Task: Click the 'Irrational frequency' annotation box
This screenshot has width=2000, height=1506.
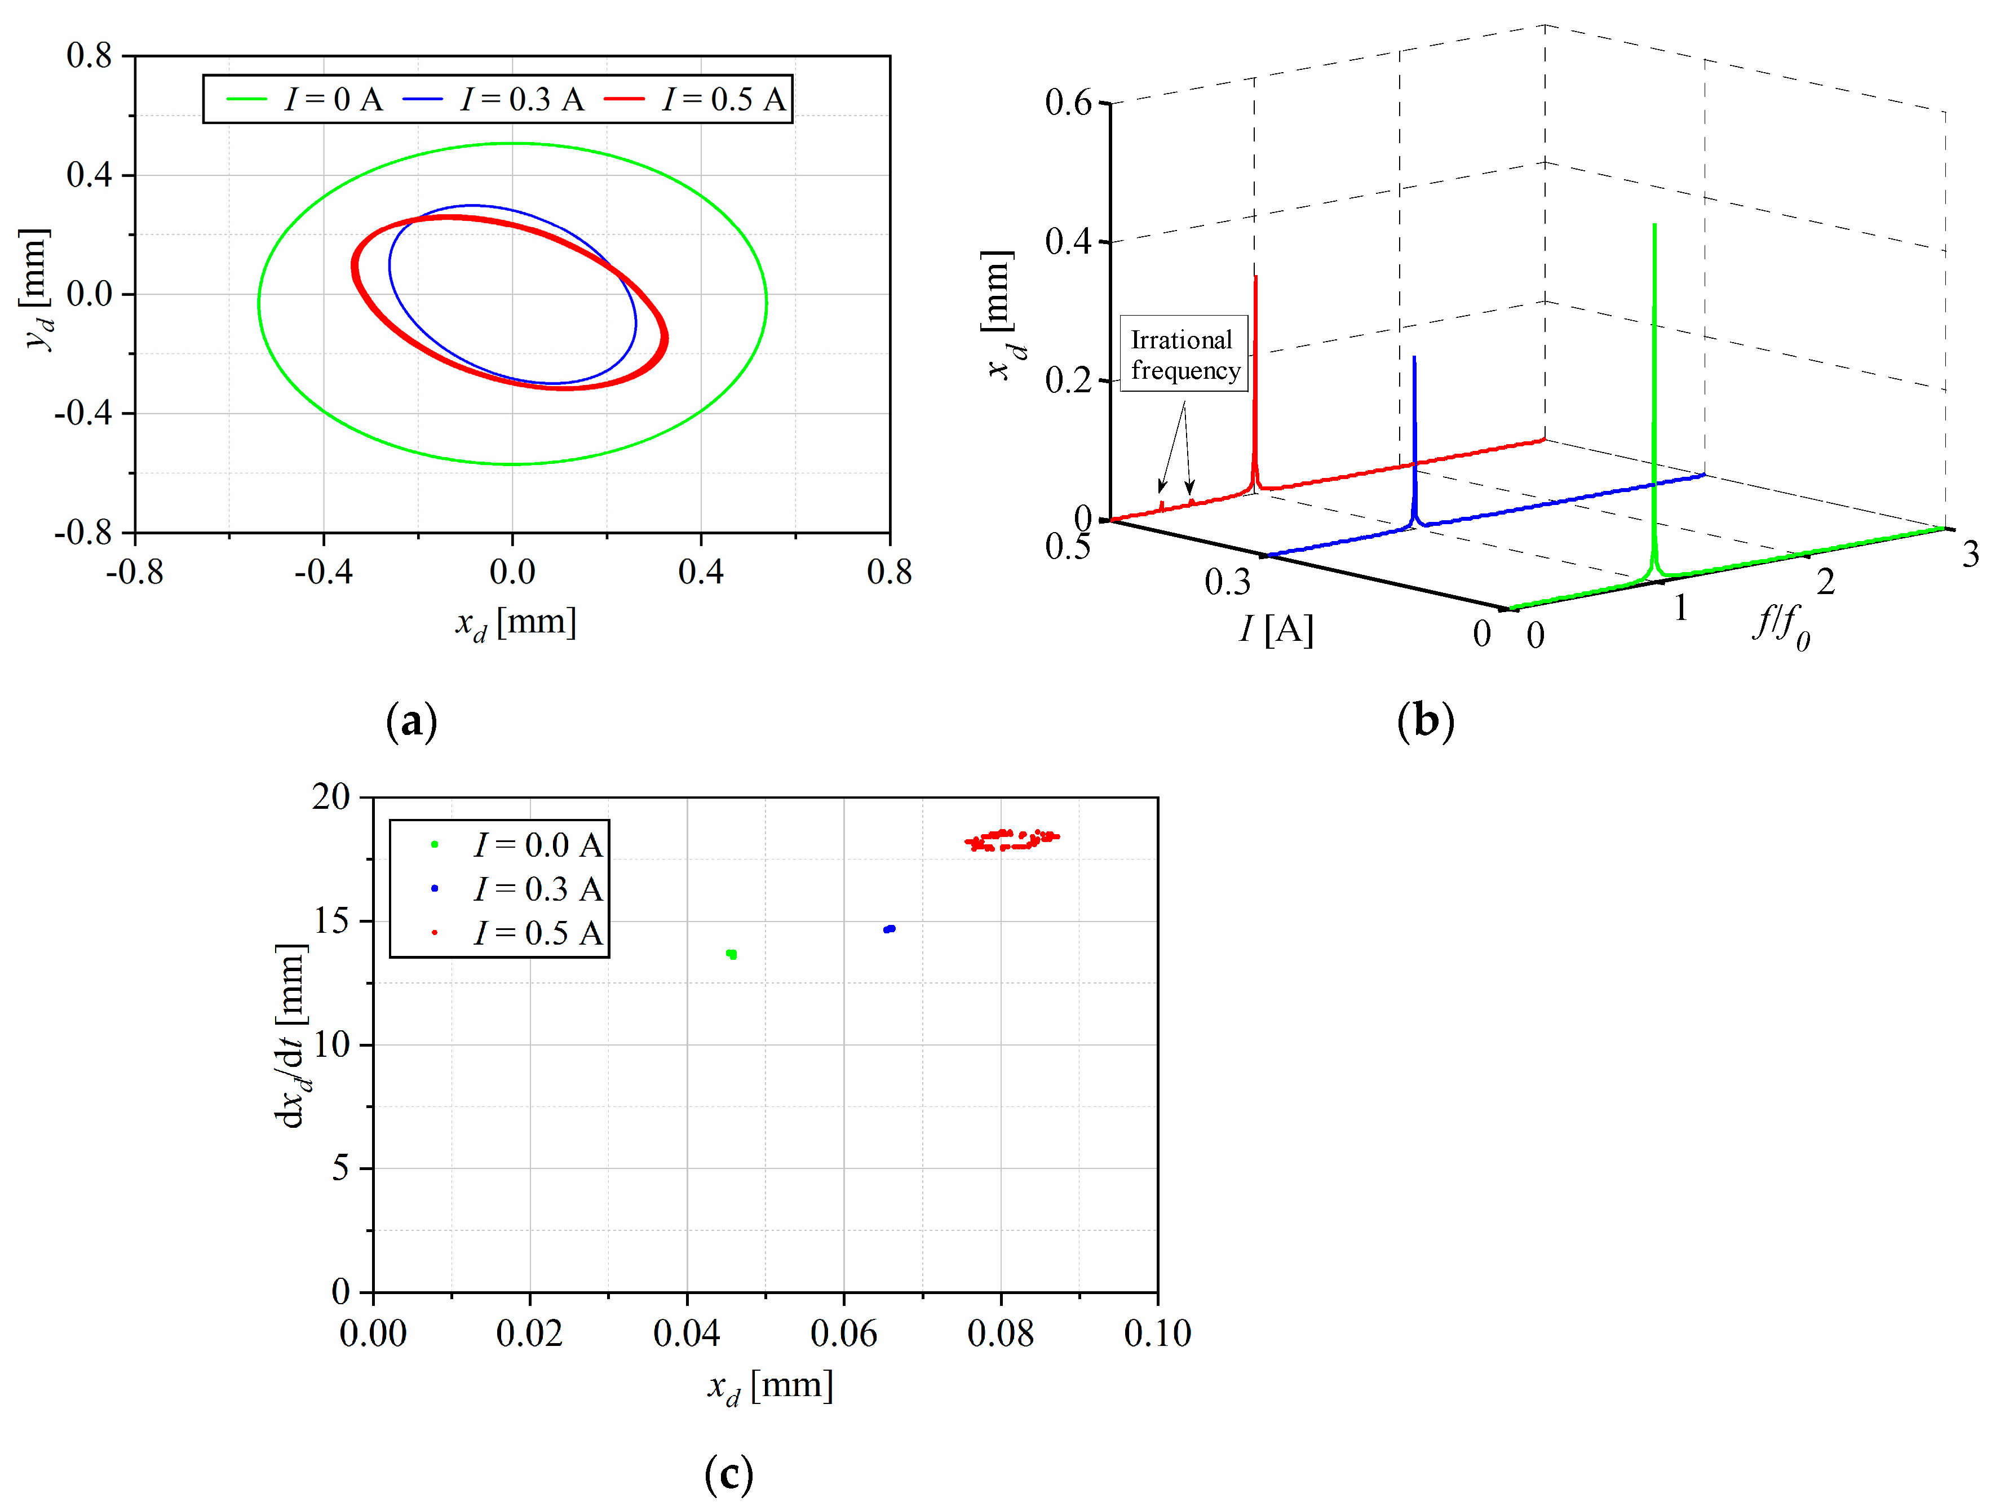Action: point(1184,353)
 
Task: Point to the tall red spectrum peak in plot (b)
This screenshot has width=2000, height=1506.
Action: point(1255,362)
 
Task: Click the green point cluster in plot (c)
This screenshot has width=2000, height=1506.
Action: point(732,954)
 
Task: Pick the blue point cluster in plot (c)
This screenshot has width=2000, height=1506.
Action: point(890,928)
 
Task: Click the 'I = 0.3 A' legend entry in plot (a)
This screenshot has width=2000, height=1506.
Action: point(494,99)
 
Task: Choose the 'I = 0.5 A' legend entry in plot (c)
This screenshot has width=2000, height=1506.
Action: point(537,933)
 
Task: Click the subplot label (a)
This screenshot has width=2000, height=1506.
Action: point(411,721)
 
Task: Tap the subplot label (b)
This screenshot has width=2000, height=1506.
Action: point(1425,721)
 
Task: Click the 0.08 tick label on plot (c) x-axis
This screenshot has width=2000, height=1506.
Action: point(1000,1332)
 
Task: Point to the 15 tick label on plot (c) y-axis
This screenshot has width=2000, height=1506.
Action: point(331,921)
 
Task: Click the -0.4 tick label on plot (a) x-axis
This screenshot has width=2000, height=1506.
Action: point(323,572)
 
